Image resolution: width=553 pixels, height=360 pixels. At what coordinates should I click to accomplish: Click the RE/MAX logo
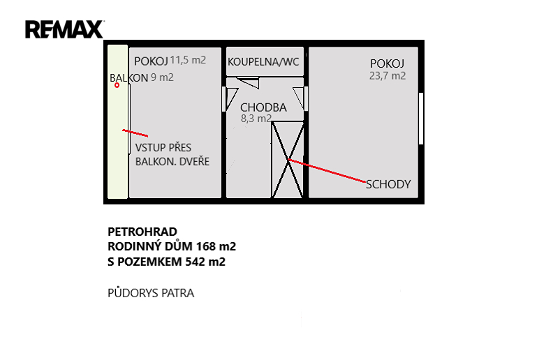click(64, 29)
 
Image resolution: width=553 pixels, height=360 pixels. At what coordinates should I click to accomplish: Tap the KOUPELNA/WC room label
click(263, 62)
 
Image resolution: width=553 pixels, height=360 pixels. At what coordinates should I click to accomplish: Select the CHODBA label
click(263, 107)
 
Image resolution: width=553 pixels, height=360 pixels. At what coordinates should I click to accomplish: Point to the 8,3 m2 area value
click(256, 119)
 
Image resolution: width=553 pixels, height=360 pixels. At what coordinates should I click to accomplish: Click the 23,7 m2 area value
click(388, 76)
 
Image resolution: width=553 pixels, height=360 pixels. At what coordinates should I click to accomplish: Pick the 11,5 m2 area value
click(188, 60)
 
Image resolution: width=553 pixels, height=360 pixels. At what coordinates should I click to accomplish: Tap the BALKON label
click(128, 78)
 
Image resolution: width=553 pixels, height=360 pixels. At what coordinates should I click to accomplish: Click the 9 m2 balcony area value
click(162, 77)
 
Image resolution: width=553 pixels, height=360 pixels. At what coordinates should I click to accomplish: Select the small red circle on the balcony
click(117, 85)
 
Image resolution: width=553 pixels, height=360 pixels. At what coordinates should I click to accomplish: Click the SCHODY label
click(388, 184)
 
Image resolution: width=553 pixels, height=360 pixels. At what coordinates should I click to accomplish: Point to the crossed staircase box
click(288, 160)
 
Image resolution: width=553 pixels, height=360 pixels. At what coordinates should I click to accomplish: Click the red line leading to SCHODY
click(327, 171)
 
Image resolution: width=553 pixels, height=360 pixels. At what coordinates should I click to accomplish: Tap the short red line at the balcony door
click(135, 133)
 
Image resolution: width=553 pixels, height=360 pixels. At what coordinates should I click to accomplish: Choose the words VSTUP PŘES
click(163, 148)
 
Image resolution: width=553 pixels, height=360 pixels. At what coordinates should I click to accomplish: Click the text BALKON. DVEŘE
click(172, 161)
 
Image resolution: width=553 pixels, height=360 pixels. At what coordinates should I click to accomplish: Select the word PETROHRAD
click(142, 232)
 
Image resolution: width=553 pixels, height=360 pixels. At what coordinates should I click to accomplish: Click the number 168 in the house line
click(206, 246)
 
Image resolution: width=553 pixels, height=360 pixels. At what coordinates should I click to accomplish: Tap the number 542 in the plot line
click(196, 262)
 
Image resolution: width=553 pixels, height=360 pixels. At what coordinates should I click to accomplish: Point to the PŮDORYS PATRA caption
click(151, 293)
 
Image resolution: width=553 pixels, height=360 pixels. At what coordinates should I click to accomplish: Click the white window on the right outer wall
click(421, 119)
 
